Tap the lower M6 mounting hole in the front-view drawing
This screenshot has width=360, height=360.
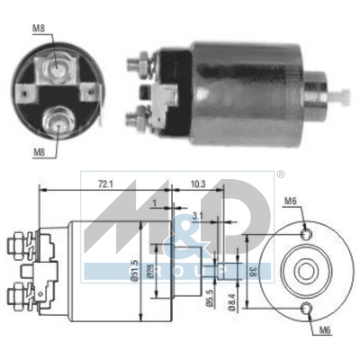(308, 311)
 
